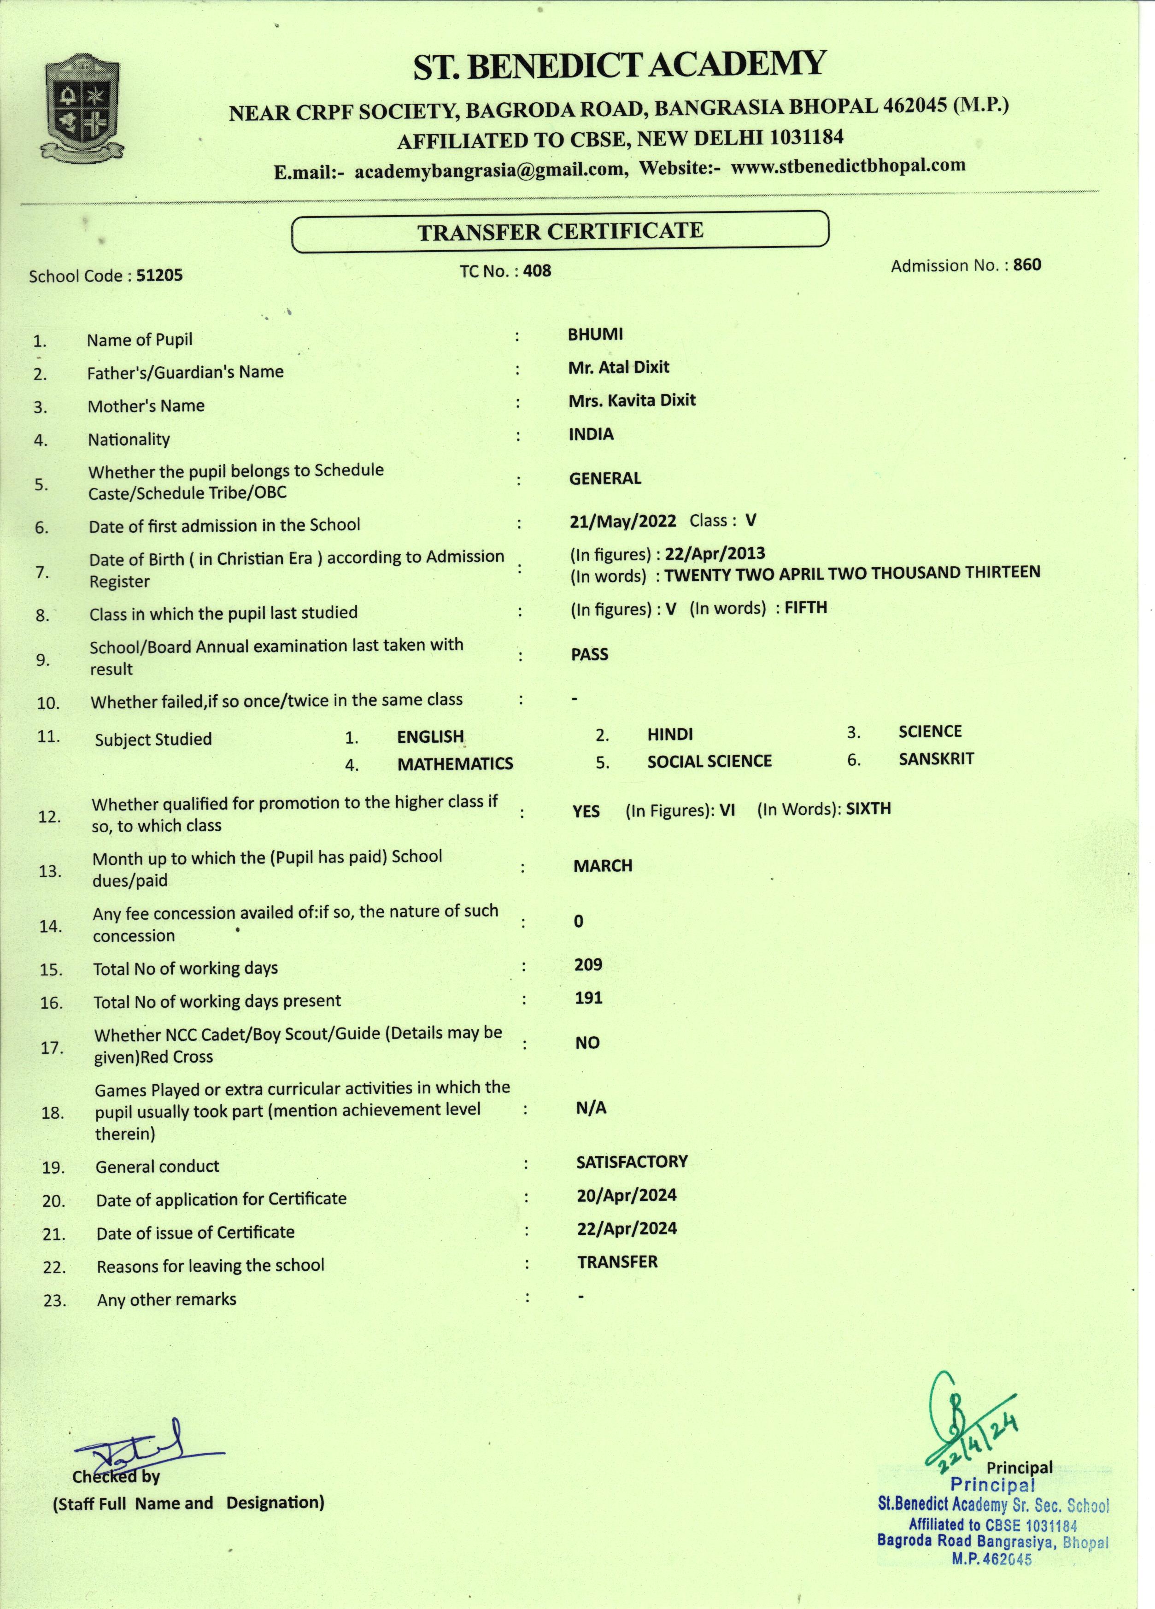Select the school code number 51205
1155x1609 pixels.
[x=159, y=275]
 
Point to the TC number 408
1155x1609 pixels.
[x=537, y=270]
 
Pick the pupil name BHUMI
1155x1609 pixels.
[x=595, y=334]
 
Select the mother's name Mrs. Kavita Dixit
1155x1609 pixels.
[x=632, y=400]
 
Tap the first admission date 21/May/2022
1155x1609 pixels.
[x=623, y=522]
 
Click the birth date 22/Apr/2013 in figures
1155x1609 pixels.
[x=715, y=553]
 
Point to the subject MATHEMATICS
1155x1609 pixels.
[x=455, y=764]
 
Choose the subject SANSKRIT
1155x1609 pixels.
[x=936, y=759]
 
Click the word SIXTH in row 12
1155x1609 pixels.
[x=868, y=809]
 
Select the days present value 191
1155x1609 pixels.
[x=588, y=998]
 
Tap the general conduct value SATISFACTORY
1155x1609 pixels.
[x=632, y=1161]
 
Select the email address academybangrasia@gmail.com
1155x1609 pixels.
[x=490, y=171]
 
